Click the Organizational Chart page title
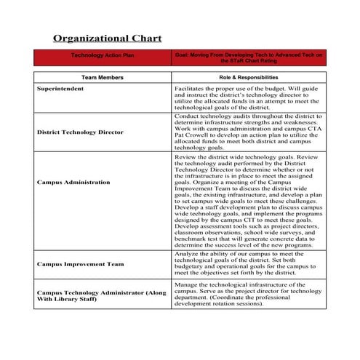tap(108, 38)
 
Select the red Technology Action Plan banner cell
tap(102, 57)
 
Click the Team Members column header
tap(102, 77)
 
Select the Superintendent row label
tap(60, 89)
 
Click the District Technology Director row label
tap(80, 132)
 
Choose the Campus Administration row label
tap(73, 182)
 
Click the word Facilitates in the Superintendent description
tap(191, 88)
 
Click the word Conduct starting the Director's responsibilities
tap(187, 115)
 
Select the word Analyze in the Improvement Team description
tap(187, 253)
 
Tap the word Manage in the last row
tap(186, 285)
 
